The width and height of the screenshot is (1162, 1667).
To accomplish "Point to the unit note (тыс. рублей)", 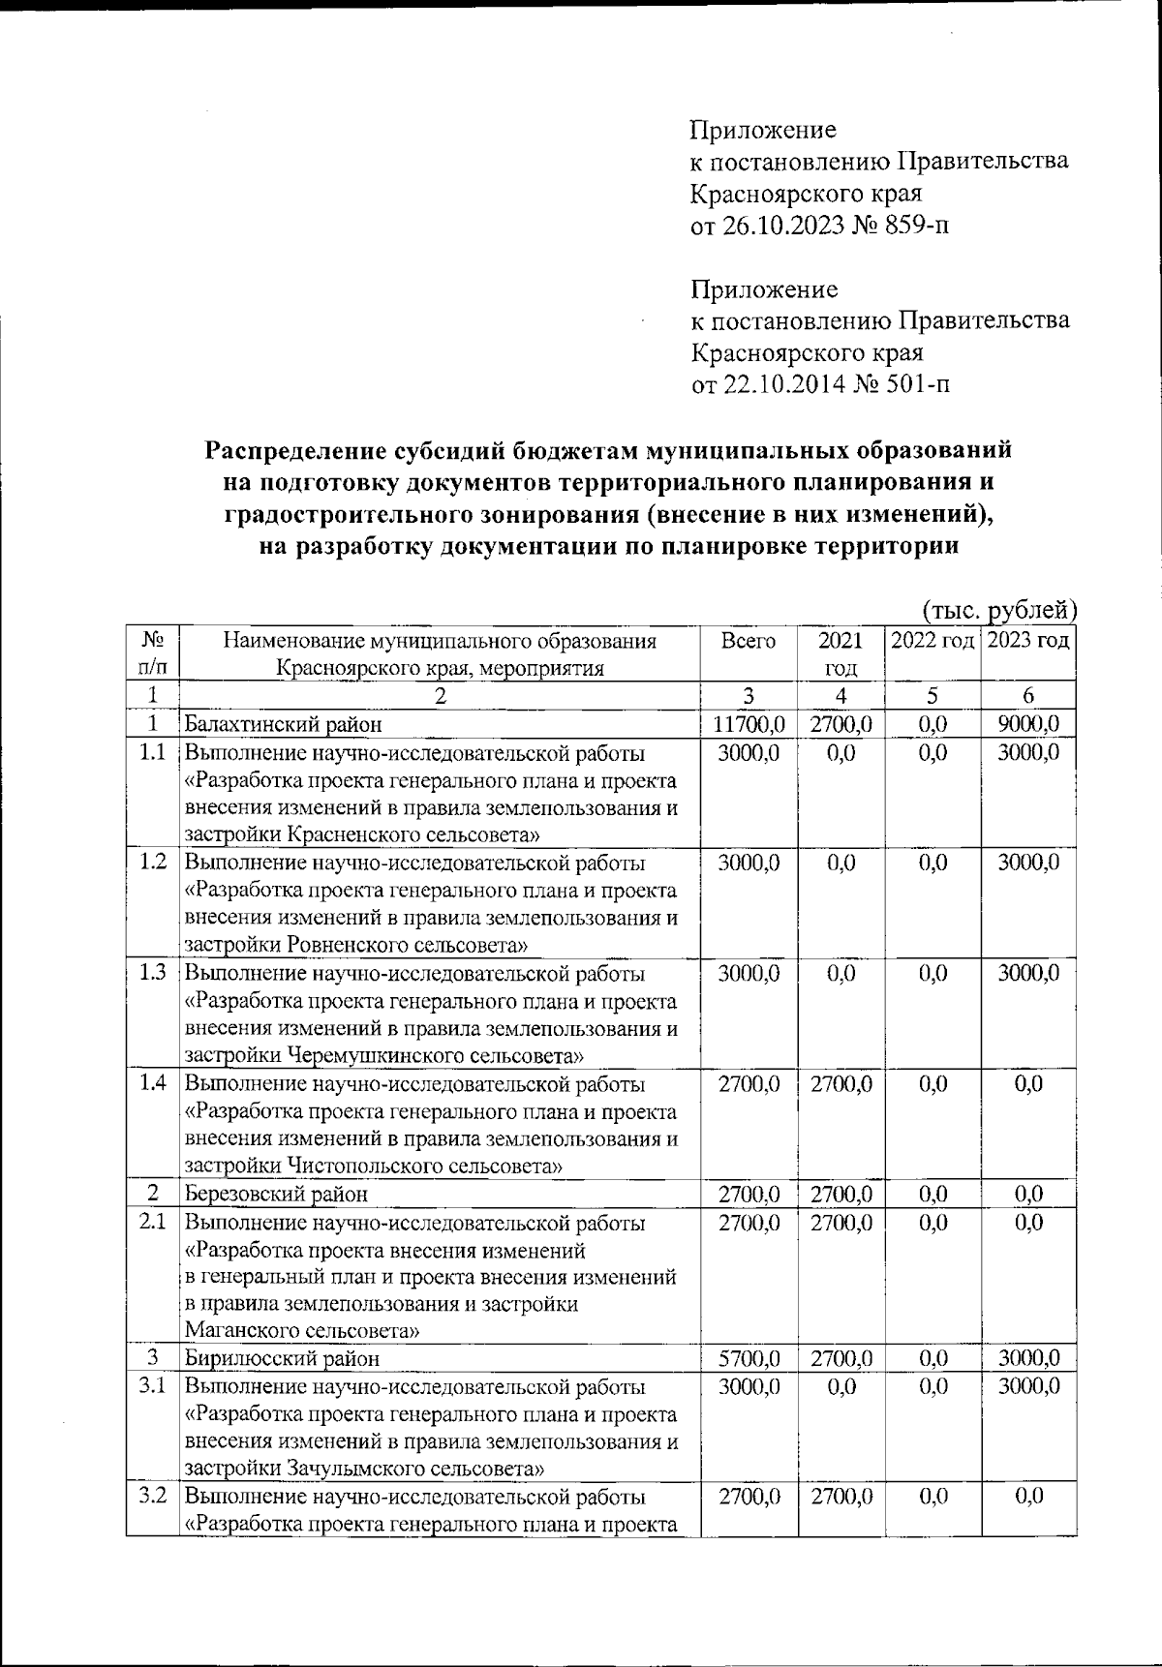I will tap(998, 609).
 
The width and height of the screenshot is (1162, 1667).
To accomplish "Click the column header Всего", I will tap(748, 641).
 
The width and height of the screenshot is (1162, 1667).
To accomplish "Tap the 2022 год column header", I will tap(932, 641).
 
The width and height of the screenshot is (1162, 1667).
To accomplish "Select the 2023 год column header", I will tap(1027, 641).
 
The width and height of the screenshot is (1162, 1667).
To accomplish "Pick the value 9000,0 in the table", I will tap(1028, 724).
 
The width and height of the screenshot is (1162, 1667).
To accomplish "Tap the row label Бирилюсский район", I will tap(282, 1358).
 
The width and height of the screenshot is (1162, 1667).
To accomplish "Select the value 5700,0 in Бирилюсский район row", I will tap(748, 1358).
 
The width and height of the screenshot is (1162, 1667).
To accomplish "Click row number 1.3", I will tap(152, 973).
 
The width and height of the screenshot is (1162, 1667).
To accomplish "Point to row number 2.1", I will tap(152, 1223).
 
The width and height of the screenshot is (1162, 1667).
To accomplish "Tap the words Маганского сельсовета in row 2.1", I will tap(301, 1331).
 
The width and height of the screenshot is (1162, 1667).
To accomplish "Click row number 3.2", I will tap(152, 1497).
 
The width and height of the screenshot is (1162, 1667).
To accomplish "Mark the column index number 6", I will tap(1028, 695).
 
